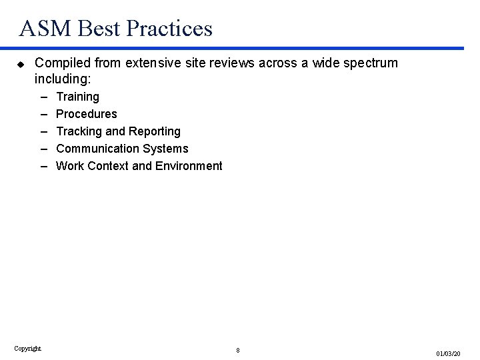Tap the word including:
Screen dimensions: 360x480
click(x=62, y=79)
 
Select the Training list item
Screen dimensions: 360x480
click(x=77, y=97)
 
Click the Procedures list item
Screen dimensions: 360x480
click(x=87, y=114)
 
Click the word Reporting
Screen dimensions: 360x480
click(x=155, y=131)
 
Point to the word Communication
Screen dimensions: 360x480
click(x=98, y=149)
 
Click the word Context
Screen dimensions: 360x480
click(x=108, y=166)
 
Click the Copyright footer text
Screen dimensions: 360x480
click(x=27, y=348)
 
